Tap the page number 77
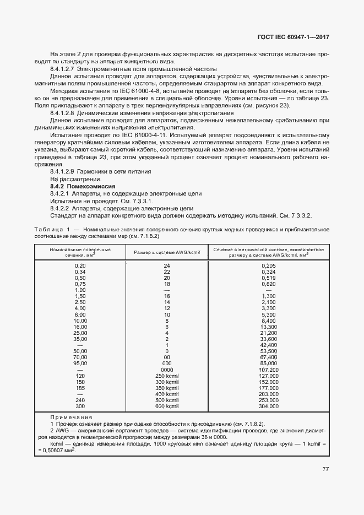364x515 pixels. coord(325,469)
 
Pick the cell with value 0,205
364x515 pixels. coord(269,265)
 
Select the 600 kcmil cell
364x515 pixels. coord(167,406)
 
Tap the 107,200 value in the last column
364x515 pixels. coord(269,370)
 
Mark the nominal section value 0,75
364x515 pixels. coord(80,284)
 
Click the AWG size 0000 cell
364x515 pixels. coord(167,370)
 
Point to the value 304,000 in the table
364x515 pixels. coord(269,406)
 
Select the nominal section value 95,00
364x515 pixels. coord(80,364)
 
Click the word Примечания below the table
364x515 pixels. coord(72,418)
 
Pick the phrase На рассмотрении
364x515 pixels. coord(75,180)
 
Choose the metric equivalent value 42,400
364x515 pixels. coord(269,345)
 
